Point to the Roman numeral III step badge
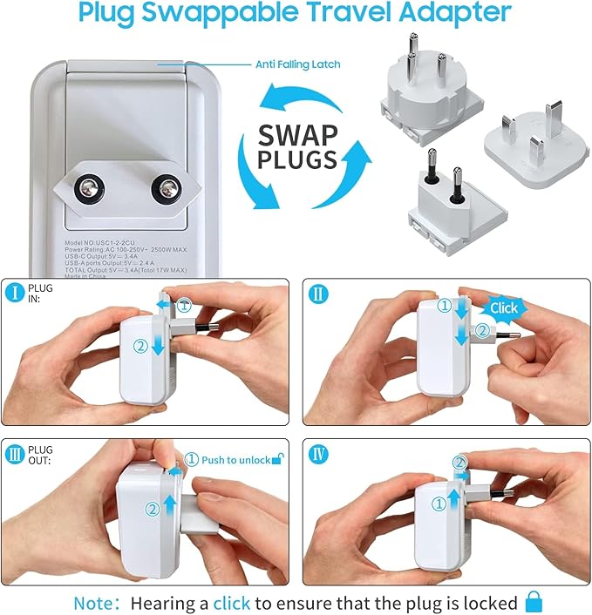coord(15,452)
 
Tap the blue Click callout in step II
coord(502,307)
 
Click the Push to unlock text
coord(235,460)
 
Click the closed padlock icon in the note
coord(534,601)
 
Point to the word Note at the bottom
coord(92,602)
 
